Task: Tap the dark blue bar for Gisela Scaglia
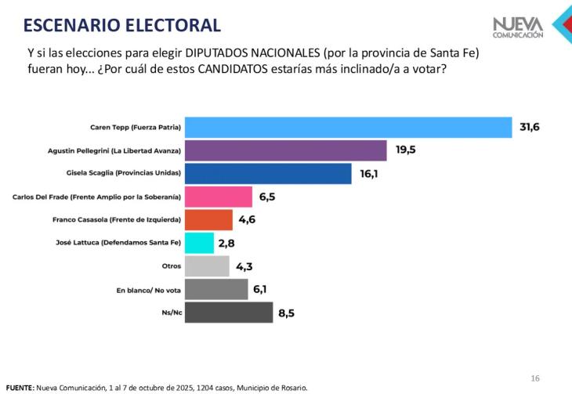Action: coord(268,173)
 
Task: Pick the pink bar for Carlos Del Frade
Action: coord(219,197)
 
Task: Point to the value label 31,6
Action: coord(530,127)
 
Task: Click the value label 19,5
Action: coord(405,150)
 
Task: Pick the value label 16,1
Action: coord(369,173)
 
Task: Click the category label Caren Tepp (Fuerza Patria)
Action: coord(138,127)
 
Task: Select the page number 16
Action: coord(535,378)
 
